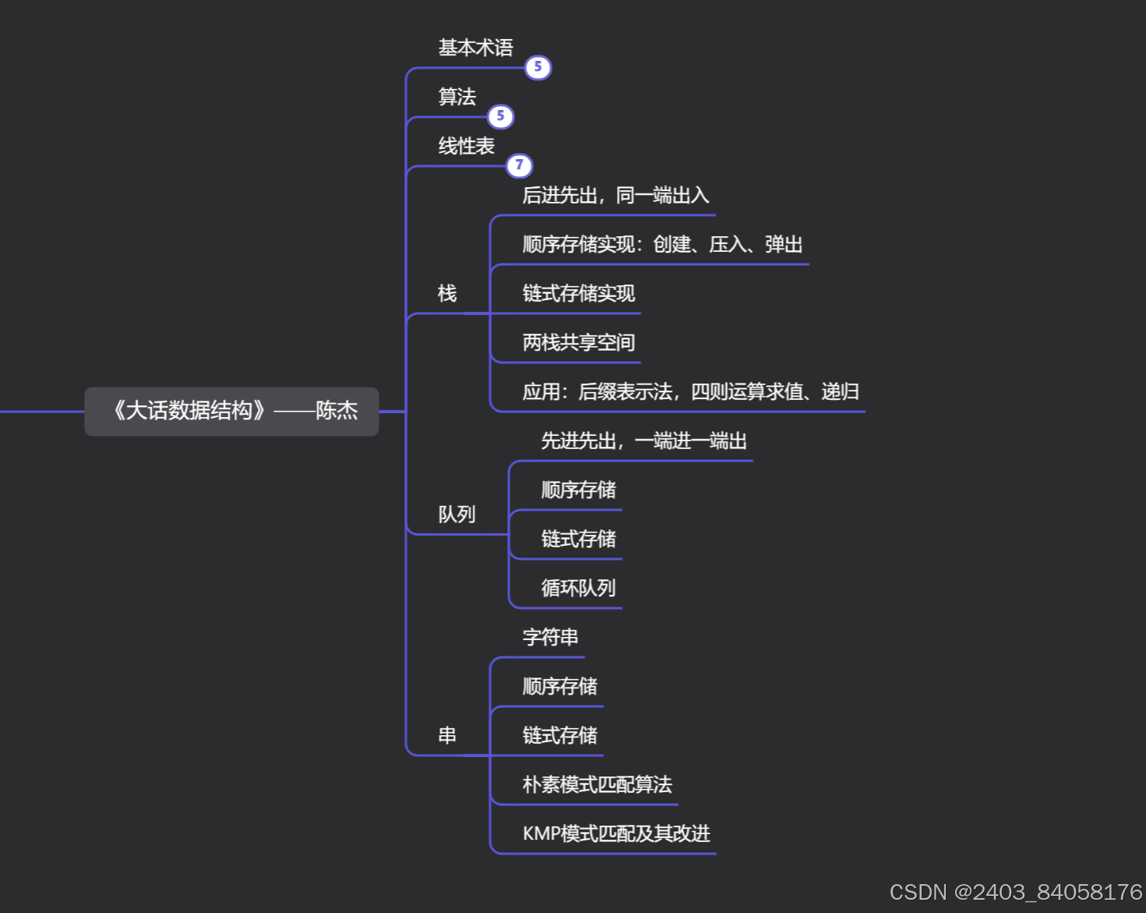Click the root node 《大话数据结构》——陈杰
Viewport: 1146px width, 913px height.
pos(231,411)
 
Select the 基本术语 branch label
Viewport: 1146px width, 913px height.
pos(475,48)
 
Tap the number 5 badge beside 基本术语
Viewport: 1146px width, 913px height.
pos(538,68)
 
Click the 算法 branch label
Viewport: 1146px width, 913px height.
pos(457,97)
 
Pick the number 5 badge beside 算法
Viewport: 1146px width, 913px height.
pos(500,117)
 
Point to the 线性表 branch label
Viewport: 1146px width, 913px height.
pos(466,147)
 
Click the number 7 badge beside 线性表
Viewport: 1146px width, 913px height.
pos(519,165)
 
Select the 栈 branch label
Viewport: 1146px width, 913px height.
pos(447,294)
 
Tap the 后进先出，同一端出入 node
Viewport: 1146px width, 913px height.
pos(615,196)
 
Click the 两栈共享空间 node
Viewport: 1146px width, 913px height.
pos(578,343)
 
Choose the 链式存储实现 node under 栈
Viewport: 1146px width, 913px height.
pos(578,294)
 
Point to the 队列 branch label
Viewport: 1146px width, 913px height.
pos(457,515)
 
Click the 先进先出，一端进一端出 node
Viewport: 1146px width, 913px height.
pos(644,441)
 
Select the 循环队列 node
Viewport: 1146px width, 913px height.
pos(578,589)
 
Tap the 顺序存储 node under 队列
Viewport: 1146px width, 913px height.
pos(578,490)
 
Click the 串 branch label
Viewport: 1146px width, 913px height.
pos(447,735)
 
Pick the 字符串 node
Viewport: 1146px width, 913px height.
pos(550,638)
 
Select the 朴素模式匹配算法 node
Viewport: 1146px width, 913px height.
pos(597,785)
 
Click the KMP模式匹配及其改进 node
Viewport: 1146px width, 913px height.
pos(616,834)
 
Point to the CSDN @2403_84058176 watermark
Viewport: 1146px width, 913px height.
pos(1015,892)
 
